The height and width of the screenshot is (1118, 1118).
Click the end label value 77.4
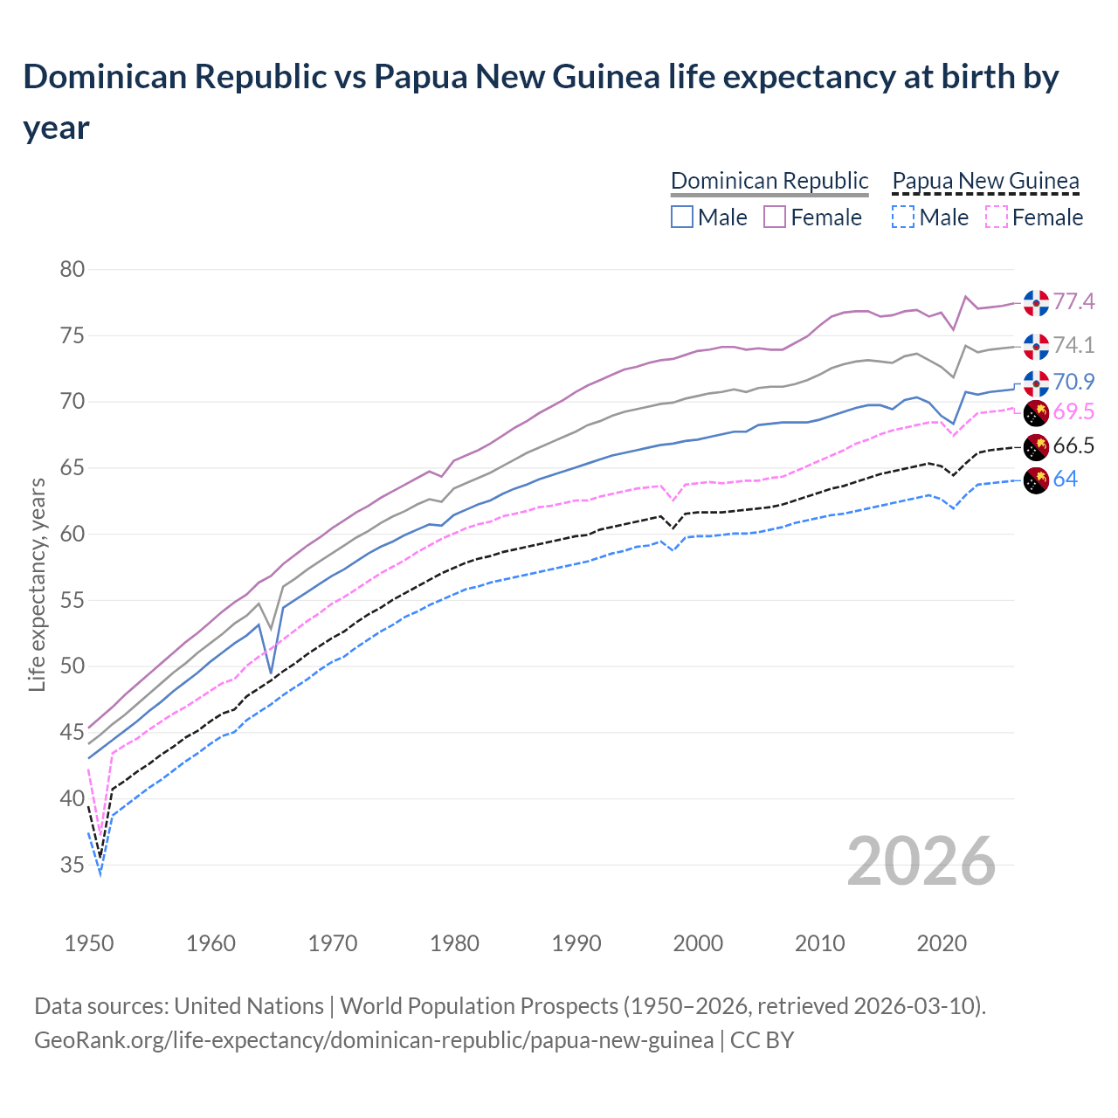point(1073,301)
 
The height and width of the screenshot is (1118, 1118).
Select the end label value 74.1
point(1073,345)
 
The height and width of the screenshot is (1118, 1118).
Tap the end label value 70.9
point(1073,382)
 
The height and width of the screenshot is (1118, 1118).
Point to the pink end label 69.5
point(1073,412)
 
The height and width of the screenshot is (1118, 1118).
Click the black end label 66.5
point(1073,446)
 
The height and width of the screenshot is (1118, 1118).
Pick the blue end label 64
point(1065,479)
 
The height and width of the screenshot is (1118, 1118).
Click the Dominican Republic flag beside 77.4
point(1036,302)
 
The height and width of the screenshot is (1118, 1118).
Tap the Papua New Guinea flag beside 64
point(1036,480)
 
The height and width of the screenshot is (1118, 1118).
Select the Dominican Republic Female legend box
point(775,217)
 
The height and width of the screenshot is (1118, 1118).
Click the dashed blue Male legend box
point(903,217)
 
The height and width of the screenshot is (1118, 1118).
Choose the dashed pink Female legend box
point(997,217)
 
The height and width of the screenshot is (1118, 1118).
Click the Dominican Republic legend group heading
point(769,181)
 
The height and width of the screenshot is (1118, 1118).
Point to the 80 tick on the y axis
point(72,269)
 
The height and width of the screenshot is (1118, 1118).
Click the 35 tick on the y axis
point(72,865)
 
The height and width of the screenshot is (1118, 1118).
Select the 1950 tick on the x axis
point(89,943)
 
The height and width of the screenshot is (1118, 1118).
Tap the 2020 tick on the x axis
point(942,943)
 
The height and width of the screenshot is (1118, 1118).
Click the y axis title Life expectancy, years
point(37,584)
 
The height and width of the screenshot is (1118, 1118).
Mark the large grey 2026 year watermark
point(921,861)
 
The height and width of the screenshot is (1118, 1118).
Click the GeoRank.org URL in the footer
point(374,1040)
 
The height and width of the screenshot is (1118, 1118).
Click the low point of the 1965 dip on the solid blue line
point(272,673)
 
